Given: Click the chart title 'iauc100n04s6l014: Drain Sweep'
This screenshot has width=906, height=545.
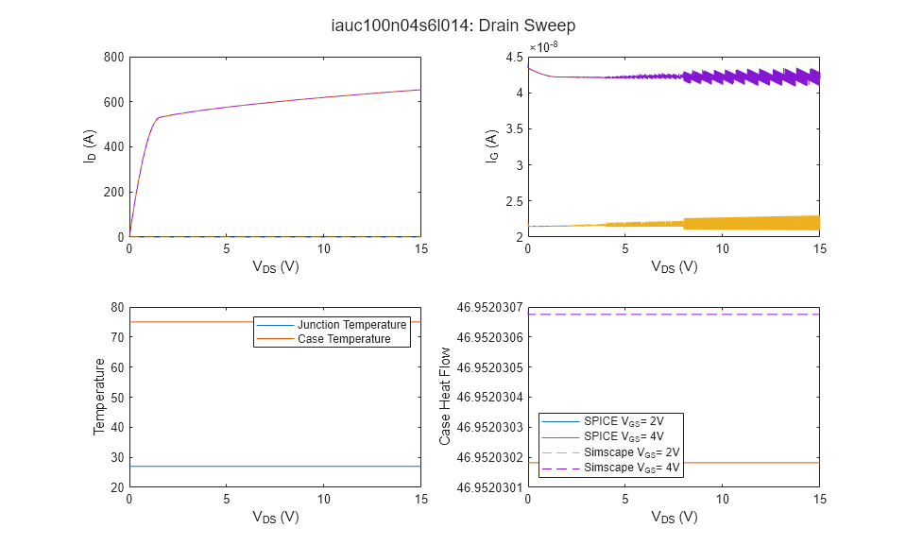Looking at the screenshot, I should coord(453,26).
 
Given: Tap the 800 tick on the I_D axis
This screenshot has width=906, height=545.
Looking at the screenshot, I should coord(114,57).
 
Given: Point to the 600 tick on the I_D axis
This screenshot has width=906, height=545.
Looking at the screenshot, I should coord(114,102).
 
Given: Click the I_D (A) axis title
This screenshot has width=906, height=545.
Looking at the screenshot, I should coord(89,147).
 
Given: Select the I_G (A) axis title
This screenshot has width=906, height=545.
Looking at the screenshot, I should coord(492,147).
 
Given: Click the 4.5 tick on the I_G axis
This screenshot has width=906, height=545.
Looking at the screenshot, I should coord(513,57).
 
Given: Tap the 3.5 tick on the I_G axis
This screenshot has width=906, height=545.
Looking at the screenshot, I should coord(513,129).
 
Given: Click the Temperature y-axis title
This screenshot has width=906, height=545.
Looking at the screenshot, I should coord(98,397).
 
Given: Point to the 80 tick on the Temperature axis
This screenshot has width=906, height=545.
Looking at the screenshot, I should coord(118,307).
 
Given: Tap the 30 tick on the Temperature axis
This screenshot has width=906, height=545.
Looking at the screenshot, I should coord(118,457).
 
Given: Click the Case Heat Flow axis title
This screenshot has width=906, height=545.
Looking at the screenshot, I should coord(446,397).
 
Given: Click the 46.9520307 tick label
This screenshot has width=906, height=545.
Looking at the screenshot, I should coord(481,307).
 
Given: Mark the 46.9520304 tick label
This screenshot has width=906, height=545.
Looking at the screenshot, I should coord(481,397).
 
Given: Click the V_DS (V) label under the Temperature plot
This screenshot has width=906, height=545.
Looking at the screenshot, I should coord(275,517).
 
